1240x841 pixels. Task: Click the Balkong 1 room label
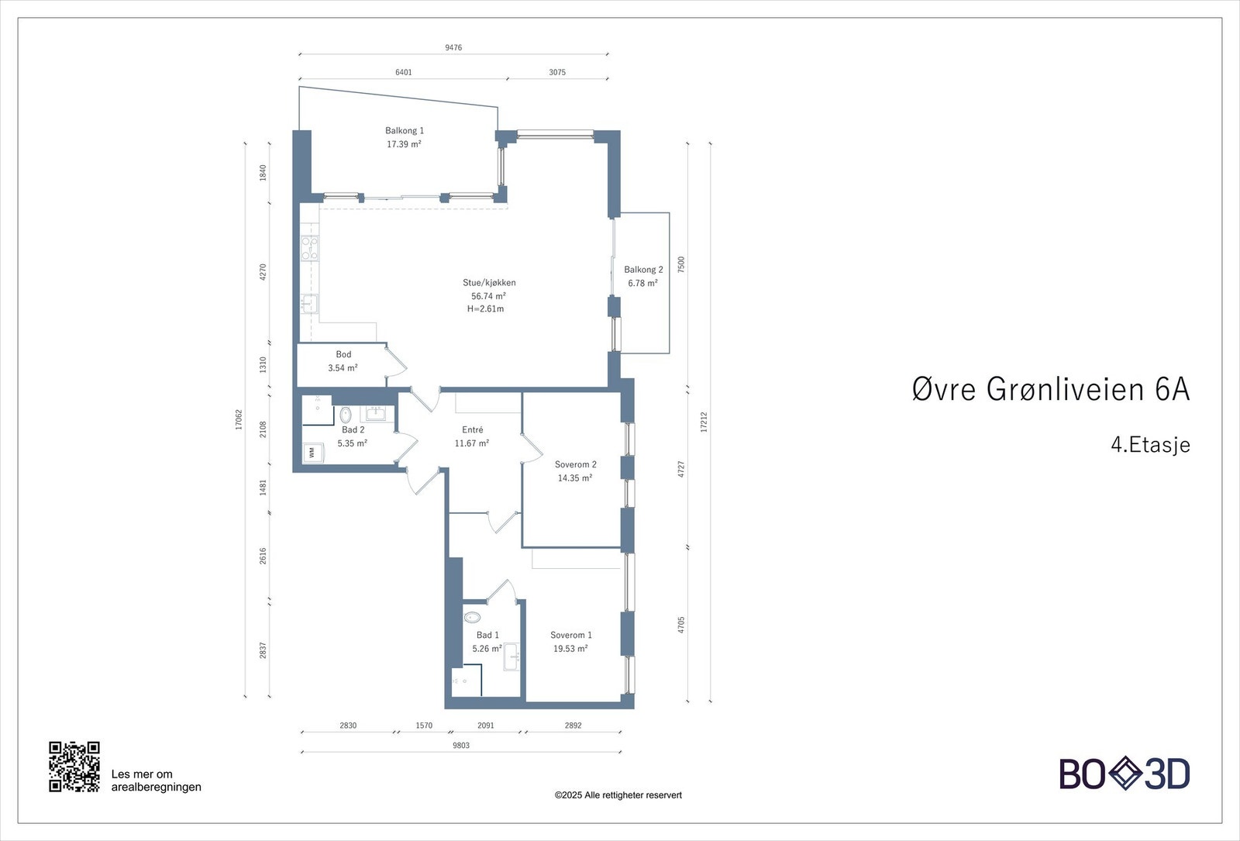[405, 131]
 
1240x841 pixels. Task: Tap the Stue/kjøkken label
[489, 283]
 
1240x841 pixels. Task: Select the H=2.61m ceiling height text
[485, 309]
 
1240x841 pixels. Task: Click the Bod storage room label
[343, 355]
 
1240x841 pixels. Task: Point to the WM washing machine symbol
[313, 452]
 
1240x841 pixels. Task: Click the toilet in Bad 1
[472, 618]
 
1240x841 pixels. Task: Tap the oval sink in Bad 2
[345, 414]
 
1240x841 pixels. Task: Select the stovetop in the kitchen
[310, 248]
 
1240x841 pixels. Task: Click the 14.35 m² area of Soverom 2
[575, 478]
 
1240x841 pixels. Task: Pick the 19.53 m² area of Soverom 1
[570, 649]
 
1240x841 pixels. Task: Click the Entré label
[473, 430]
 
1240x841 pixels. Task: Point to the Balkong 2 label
[643, 270]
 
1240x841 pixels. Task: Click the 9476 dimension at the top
[453, 48]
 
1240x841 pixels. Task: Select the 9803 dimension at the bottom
[460, 746]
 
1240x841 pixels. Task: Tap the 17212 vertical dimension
[704, 422]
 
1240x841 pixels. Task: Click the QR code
[74, 767]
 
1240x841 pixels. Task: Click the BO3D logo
[1125, 774]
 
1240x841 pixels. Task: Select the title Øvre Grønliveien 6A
[1050, 389]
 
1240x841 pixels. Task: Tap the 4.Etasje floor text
[1150, 445]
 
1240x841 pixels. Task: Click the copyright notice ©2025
[618, 795]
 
